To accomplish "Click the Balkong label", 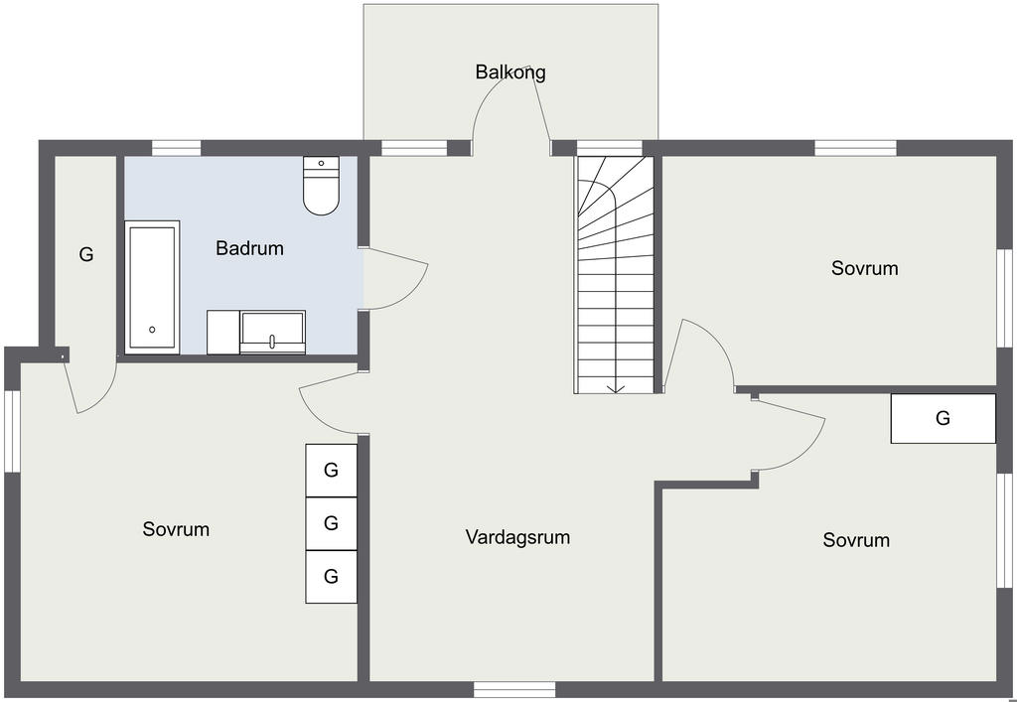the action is pos(510,71).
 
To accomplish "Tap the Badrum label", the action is pos(249,248).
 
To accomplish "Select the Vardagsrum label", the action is pos(517,537).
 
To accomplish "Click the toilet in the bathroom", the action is pos(321,186).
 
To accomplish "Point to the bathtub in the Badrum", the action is pos(152,287).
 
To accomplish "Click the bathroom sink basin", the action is pos(272,332).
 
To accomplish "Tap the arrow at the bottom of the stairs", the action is pos(615,387).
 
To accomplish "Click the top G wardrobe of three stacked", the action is pos(332,470).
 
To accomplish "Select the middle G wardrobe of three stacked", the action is pos(332,523).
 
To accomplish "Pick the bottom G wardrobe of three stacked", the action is pos(332,576).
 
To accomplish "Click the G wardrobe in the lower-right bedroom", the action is pos(944,418).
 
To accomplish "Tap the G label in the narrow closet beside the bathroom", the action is pos(86,254).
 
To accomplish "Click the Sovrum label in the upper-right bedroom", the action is pos(865,268).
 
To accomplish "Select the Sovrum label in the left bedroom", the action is pos(176,529).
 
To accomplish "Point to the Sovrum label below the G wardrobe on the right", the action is pos(856,540).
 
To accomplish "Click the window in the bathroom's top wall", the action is pos(177,148).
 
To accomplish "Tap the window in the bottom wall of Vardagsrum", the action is pos(514,689).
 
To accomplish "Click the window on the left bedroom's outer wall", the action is pos(12,431).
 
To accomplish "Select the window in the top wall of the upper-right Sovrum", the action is pos(855,148).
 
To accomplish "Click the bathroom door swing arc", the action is pos(415,291).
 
